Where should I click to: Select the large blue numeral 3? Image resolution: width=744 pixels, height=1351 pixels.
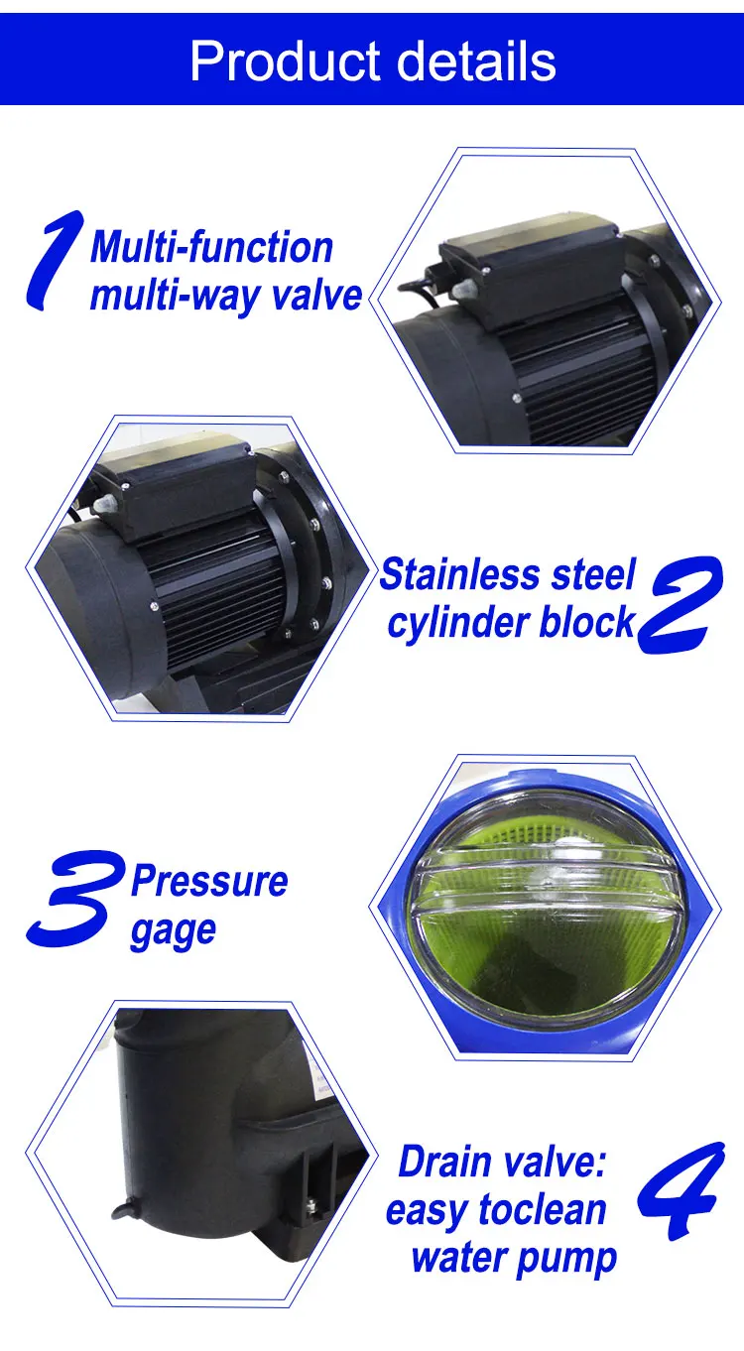(75, 898)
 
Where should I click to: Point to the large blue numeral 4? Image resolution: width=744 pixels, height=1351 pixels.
(679, 1191)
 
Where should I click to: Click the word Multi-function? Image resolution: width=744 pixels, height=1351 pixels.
(211, 248)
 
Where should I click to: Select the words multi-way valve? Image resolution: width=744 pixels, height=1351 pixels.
(226, 296)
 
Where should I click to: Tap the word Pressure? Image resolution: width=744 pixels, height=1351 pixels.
(209, 882)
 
